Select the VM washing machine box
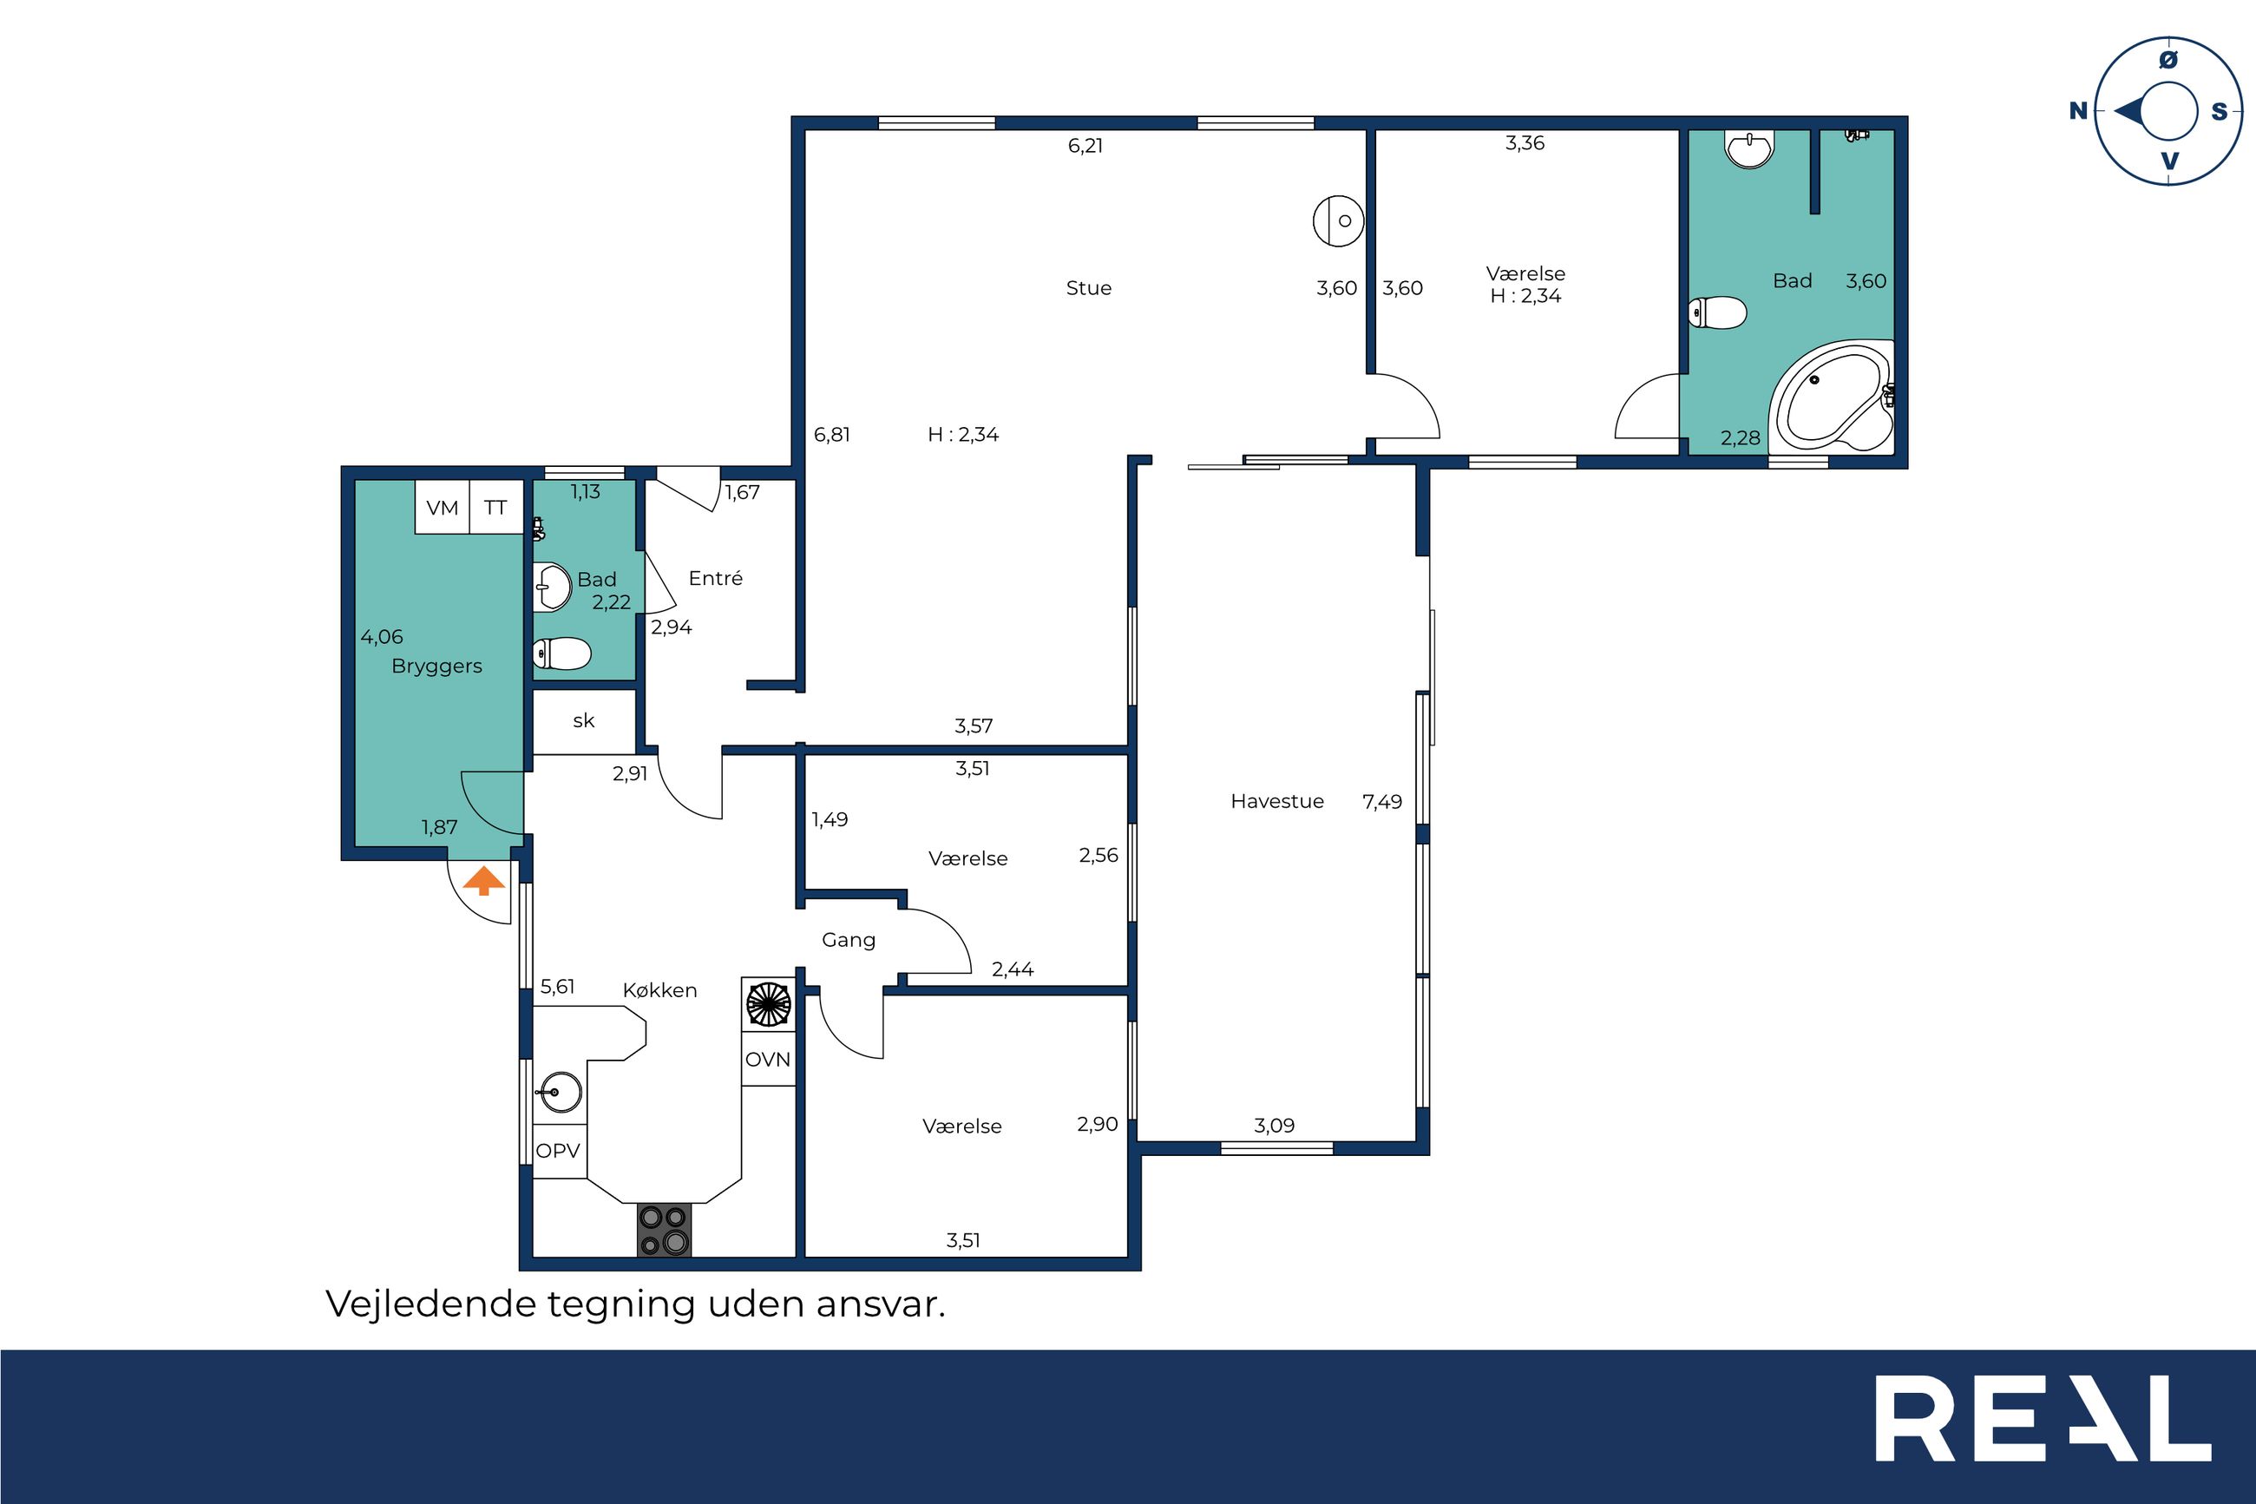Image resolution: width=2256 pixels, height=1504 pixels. pos(442,508)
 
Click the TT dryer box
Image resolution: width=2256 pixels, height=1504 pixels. pos(495,508)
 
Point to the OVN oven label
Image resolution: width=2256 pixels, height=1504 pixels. pos(768,1059)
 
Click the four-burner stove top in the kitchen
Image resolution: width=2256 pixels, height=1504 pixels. pos(664,1230)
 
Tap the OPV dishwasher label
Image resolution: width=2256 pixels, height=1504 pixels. pos(558,1150)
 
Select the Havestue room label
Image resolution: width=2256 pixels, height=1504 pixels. pos(1277,801)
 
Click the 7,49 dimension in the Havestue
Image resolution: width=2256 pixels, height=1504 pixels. pos(1381,802)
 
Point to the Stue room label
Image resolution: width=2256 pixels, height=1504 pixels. pos(1088,288)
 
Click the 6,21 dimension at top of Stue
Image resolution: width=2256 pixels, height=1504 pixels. pos(1085,146)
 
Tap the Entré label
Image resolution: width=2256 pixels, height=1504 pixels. pos(715,577)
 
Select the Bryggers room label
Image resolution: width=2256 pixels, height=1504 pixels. pos(436,667)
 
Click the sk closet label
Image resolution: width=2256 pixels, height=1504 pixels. pos(584,720)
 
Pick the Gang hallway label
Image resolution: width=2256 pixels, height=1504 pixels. pos(849,940)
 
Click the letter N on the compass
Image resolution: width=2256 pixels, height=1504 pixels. pos(2077,111)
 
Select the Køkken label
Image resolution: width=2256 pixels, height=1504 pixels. pos(659,990)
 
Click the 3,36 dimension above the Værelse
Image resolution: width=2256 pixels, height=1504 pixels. pos(1525,144)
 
